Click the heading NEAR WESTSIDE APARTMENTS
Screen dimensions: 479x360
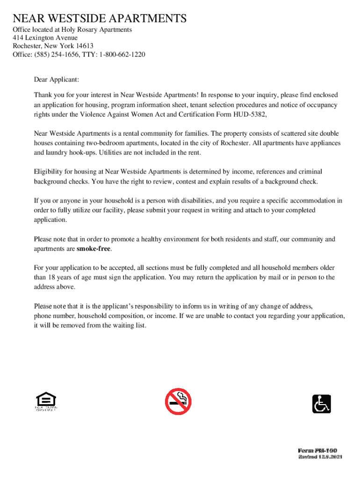[100, 19]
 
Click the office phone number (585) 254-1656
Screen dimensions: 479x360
[55, 54]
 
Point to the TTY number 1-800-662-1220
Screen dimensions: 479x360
[122, 54]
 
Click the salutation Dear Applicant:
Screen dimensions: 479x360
[56, 80]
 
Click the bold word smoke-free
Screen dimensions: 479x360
[94, 249]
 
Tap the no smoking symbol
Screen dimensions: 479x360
[178, 402]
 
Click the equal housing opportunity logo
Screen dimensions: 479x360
[46, 402]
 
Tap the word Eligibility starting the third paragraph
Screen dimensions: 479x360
[49, 172]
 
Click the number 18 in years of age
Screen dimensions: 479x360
[53, 277]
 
